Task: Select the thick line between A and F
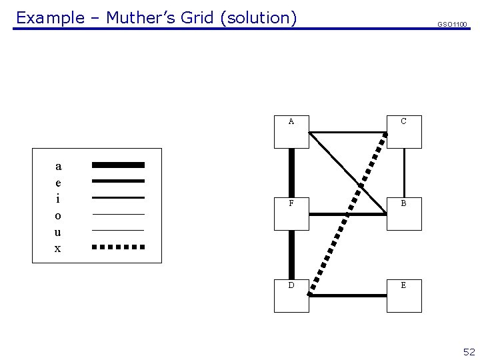click(x=291, y=172)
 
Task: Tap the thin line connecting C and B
click(x=404, y=172)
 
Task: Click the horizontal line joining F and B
click(x=347, y=214)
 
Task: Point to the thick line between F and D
click(x=291, y=254)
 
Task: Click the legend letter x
click(x=58, y=249)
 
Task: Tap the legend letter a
click(x=58, y=165)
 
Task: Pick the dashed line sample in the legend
click(x=118, y=247)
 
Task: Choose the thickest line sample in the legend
click(x=118, y=165)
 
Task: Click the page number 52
click(x=469, y=352)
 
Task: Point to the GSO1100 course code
click(x=452, y=25)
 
